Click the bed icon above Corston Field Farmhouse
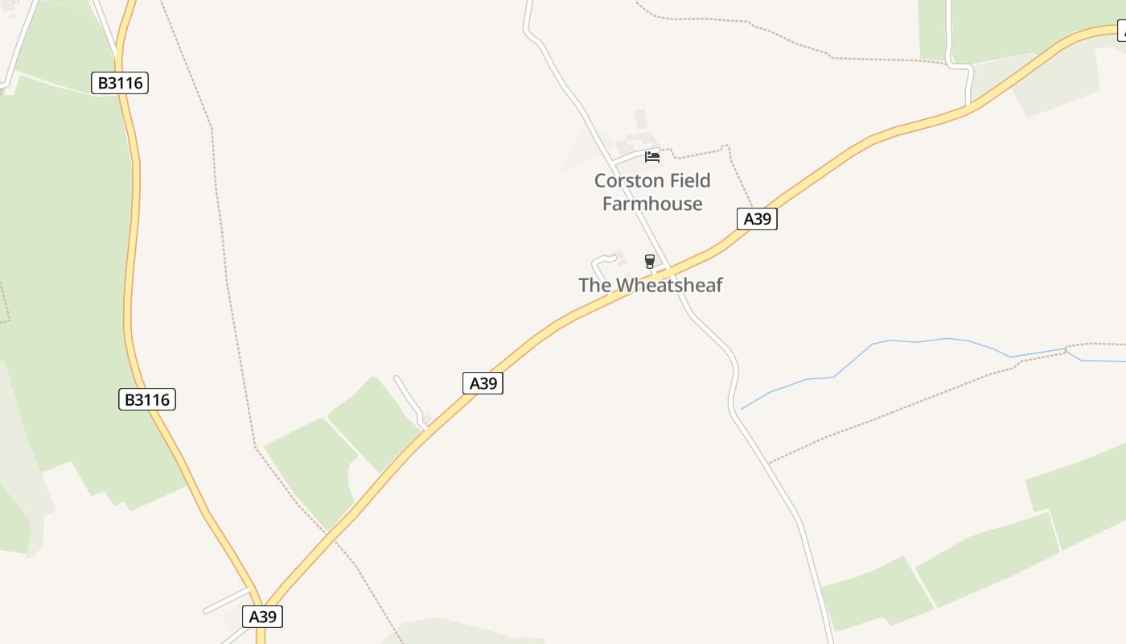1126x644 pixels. tap(652, 156)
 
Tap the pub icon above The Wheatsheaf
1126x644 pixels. tap(650, 261)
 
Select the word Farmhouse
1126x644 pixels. tap(652, 204)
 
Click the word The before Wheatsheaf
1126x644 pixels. tap(595, 285)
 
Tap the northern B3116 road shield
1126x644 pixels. tap(120, 83)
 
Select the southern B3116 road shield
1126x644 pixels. tap(147, 399)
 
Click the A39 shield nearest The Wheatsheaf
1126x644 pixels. tap(757, 219)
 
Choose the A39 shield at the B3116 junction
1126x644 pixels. tap(263, 617)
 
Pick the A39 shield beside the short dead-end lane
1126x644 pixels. tap(483, 383)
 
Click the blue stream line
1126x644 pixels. tap(885, 342)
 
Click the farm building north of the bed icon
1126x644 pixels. tap(641, 119)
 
